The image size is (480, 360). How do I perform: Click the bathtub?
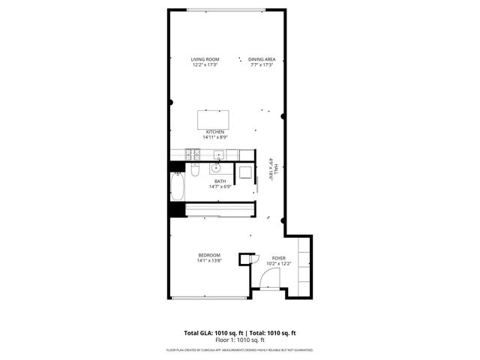[177, 187]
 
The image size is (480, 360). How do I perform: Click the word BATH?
[220, 181]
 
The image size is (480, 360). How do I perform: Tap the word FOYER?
[278, 257]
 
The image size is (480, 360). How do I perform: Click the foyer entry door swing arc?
[267, 283]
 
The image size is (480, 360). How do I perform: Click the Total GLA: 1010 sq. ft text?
[211, 332]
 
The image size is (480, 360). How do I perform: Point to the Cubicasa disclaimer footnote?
[239, 349]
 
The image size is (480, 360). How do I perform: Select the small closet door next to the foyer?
[244, 259]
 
